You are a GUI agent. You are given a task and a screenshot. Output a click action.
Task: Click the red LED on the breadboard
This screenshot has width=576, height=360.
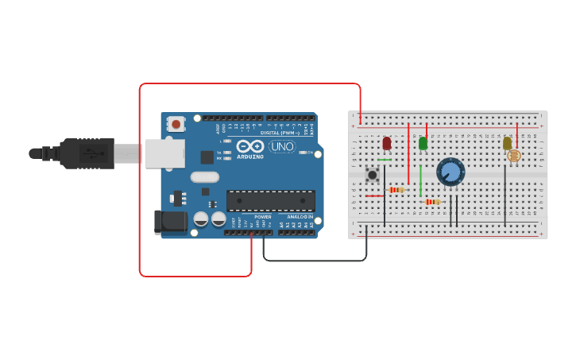click(x=387, y=143)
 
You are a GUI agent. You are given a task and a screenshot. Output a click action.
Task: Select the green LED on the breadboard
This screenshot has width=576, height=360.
click(x=423, y=143)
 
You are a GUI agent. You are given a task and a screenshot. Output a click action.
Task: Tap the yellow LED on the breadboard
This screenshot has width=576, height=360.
click(x=507, y=143)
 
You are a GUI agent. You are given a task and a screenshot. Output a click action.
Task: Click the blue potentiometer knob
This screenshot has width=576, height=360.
click(x=450, y=172)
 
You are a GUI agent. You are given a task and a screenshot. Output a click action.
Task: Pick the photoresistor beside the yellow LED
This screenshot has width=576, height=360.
click(x=513, y=156)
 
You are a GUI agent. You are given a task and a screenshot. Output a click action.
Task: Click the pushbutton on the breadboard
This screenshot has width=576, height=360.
click(x=372, y=174)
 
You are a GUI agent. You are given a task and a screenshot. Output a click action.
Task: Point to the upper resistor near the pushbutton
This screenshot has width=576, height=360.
click(x=396, y=189)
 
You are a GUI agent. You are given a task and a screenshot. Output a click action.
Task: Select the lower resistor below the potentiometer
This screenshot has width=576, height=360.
click(x=431, y=202)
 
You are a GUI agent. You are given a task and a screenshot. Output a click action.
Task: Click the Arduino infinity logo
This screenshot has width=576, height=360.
click(x=249, y=147)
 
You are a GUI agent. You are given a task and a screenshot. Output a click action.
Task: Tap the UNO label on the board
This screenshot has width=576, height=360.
click(x=282, y=146)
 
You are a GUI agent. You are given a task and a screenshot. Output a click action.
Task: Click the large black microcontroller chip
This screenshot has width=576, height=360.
click(x=270, y=200)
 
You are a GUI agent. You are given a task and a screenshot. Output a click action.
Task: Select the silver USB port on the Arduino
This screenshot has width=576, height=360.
click(x=164, y=153)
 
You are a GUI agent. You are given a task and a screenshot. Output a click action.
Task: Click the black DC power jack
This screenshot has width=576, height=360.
click(x=170, y=222)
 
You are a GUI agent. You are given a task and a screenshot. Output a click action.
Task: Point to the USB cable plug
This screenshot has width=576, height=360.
click(x=87, y=153)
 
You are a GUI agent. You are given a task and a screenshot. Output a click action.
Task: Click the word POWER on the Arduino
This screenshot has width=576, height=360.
click(x=263, y=216)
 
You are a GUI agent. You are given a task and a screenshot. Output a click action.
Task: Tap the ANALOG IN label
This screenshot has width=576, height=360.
click(x=296, y=216)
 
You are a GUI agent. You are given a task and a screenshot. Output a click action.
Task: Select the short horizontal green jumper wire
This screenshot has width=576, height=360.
click(x=385, y=160)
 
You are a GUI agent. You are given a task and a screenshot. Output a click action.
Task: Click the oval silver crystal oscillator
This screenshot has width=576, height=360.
click(x=204, y=177)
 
